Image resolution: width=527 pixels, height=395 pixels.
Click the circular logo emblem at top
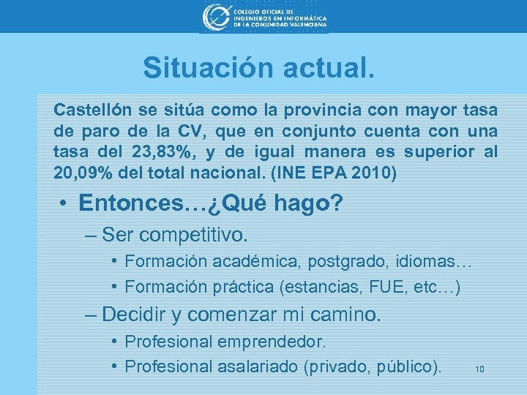coord(216,17)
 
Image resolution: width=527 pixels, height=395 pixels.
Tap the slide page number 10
coord(480,369)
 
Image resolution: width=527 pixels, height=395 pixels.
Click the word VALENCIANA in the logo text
coord(302,24)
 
